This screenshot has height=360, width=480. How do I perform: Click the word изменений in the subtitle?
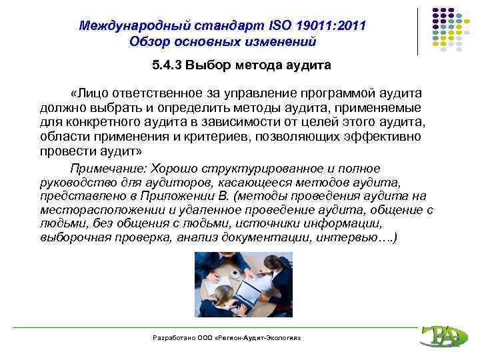(279, 42)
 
